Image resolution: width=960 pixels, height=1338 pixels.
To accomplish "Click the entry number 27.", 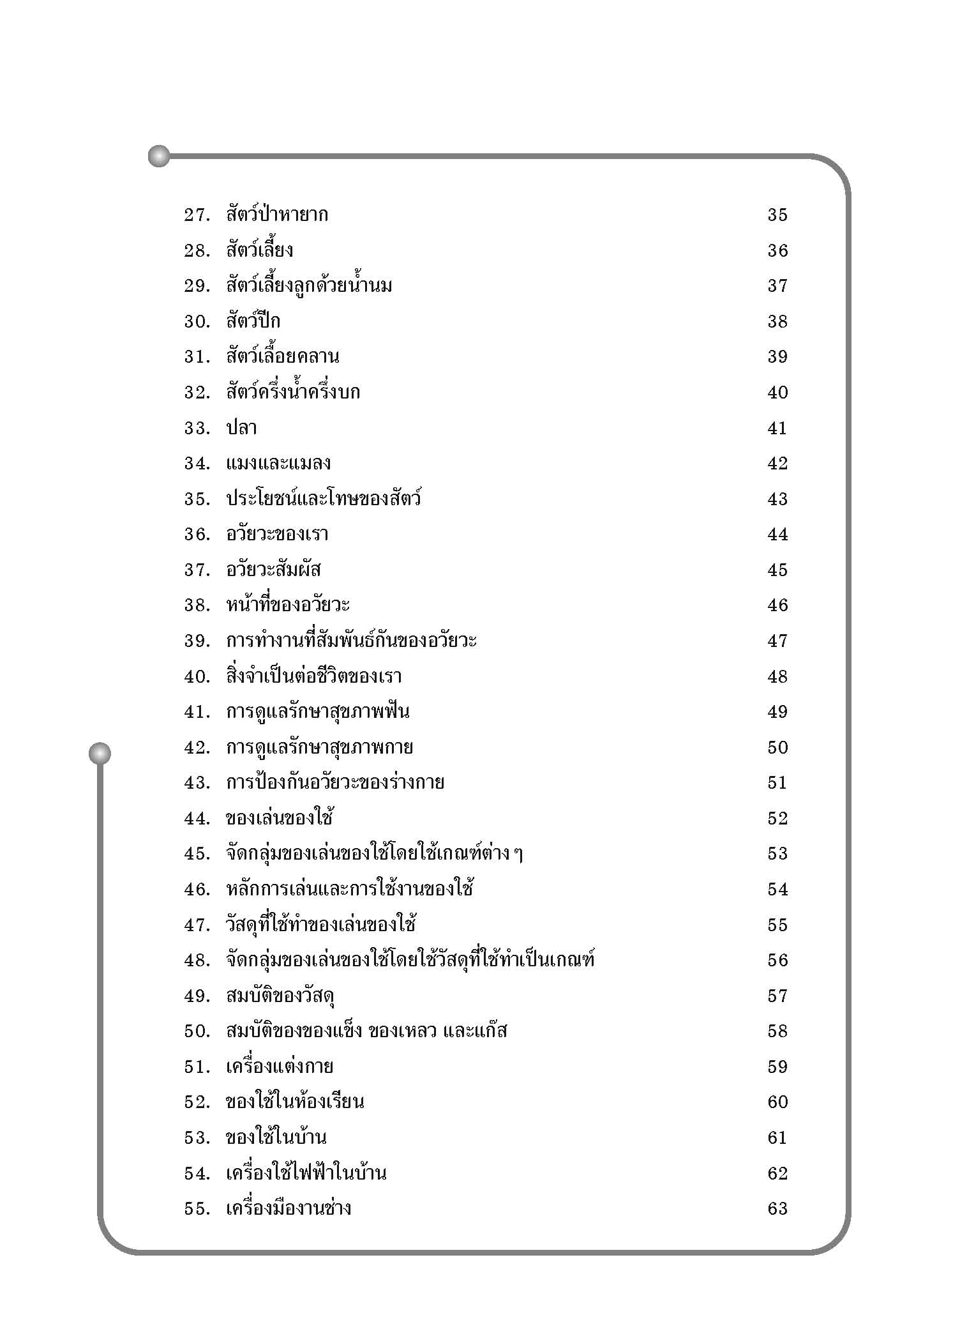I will (x=197, y=215).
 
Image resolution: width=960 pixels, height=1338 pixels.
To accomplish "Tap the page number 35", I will (x=777, y=215).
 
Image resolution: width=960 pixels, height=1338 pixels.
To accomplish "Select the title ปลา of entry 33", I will (x=241, y=428).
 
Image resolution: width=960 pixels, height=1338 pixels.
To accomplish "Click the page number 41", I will (x=777, y=428).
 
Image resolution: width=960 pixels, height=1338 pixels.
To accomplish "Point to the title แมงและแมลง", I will (x=278, y=464).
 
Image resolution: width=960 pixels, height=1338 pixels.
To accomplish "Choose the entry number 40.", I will (x=197, y=677).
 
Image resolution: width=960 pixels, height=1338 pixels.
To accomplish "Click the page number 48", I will (x=777, y=677).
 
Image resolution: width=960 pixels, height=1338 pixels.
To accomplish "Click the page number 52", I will (x=777, y=819).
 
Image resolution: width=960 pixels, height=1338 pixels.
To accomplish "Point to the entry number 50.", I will (x=197, y=1031).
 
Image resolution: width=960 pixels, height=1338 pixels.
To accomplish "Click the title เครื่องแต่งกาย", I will (x=280, y=1067).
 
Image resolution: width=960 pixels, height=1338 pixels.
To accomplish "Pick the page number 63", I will (x=777, y=1209).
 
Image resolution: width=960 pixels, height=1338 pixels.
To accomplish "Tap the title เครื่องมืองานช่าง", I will (x=289, y=1209).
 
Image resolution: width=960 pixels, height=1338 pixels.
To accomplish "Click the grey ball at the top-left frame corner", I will (x=159, y=156).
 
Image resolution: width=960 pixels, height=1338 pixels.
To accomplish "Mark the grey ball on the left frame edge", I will (x=100, y=753).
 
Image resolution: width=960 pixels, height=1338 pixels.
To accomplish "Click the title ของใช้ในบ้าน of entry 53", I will (x=276, y=1138).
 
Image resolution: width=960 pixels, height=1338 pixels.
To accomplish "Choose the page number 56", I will (x=777, y=961).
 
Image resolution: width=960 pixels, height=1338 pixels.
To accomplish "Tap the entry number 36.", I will (x=197, y=535).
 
